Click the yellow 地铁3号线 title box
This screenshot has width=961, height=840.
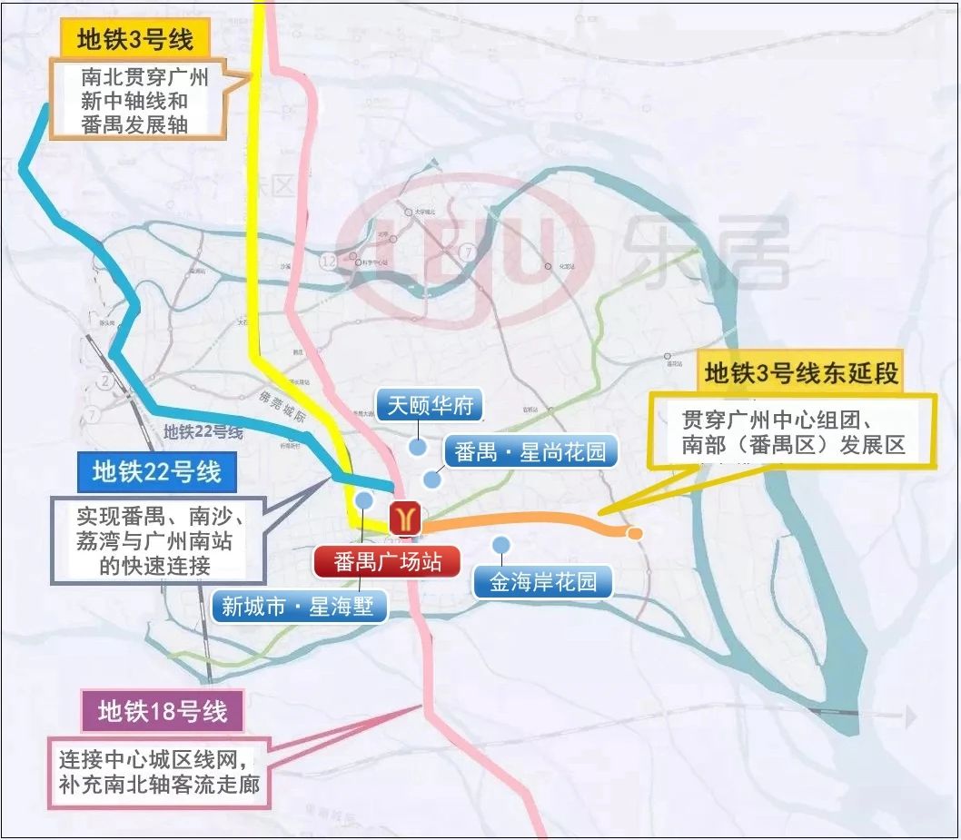[134, 39]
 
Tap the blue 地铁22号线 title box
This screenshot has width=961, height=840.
[157, 473]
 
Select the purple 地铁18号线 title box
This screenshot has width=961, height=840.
[163, 711]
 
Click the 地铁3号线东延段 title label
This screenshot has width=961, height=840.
[801, 373]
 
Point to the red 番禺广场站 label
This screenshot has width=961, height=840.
[388, 562]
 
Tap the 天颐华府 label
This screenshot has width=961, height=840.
[431, 405]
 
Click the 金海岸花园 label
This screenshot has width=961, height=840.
[543, 582]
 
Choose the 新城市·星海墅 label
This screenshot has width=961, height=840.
[298, 606]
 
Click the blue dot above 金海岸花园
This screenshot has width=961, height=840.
[500, 544]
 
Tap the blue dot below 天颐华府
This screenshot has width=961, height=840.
[417, 447]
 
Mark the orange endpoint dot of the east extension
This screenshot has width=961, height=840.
[636, 533]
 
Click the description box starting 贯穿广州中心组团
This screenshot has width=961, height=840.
[792, 432]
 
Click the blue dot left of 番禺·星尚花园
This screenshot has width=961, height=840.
[431, 479]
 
